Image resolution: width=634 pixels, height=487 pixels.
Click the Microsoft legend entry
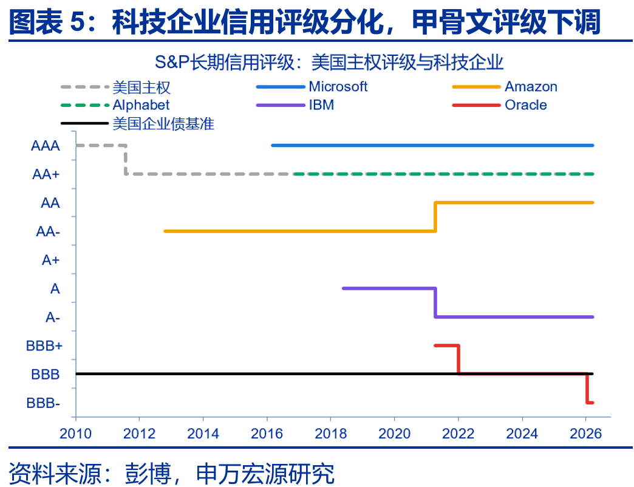tap(312, 86)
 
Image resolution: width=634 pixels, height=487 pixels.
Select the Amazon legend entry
tap(505, 86)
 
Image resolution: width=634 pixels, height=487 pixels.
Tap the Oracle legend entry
tap(499, 105)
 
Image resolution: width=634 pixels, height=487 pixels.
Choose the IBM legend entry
tap(295, 105)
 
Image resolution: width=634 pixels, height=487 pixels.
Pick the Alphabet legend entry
tap(115, 105)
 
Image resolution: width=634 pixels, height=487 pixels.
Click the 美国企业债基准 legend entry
tap(137, 123)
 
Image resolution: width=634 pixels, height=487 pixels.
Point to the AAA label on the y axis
tap(46, 146)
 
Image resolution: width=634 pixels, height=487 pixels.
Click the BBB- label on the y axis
tap(43, 403)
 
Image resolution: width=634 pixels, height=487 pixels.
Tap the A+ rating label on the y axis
tap(50, 260)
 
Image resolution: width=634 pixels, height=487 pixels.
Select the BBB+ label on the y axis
tap(44, 346)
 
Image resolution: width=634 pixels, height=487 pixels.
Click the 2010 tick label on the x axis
tap(76, 434)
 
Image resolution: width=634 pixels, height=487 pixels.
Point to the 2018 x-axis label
tap(331, 434)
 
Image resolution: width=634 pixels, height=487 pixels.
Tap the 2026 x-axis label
tap(586, 434)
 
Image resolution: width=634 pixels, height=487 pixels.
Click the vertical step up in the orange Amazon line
tap(435, 217)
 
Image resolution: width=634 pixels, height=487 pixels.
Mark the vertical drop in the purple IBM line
tap(435, 303)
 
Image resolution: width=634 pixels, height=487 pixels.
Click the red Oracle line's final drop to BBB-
tap(587, 389)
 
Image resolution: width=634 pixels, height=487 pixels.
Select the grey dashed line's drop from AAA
tap(126, 160)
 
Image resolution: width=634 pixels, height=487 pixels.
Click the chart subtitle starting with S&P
tap(329, 62)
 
